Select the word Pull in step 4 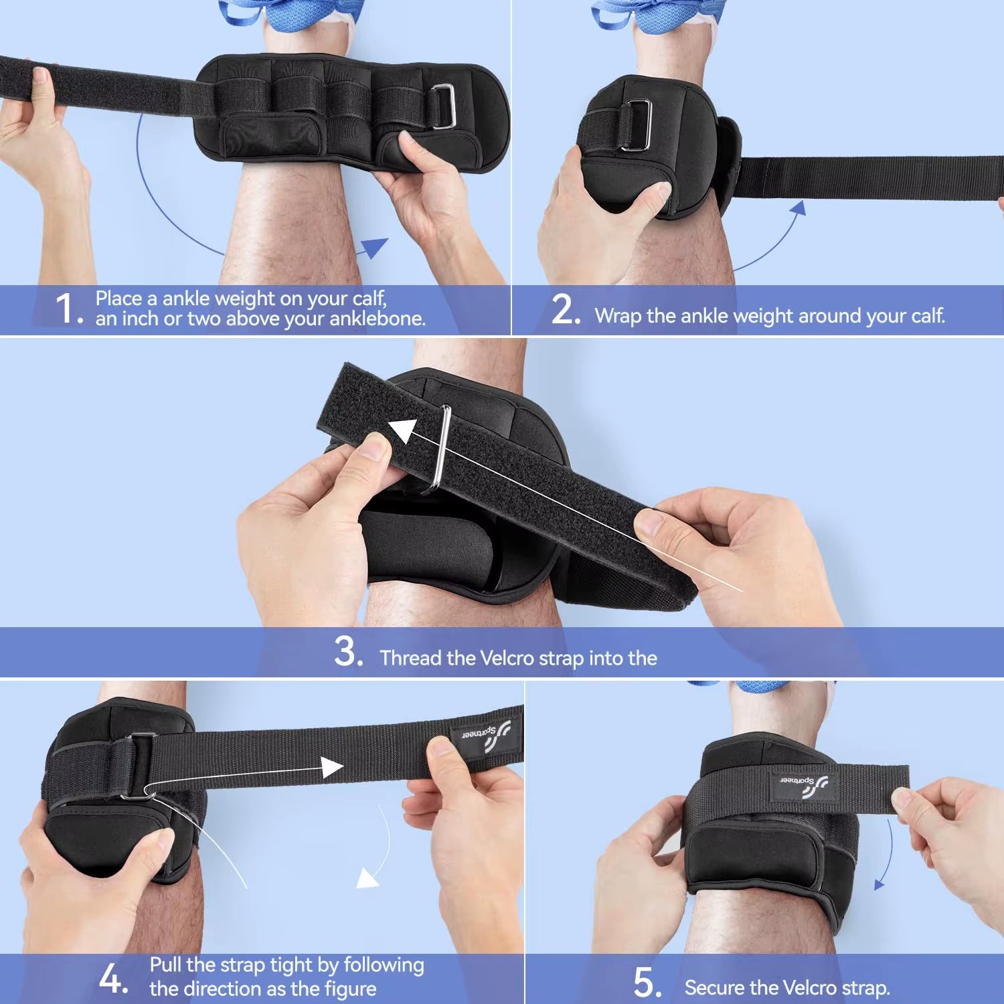(165, 965)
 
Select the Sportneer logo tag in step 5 (803, 783)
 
